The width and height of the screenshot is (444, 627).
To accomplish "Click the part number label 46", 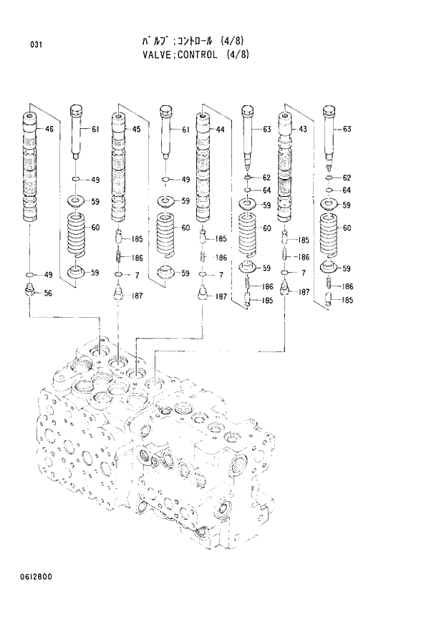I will (x=49, y=130).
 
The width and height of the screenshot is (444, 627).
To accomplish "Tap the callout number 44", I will (x=220, y=130).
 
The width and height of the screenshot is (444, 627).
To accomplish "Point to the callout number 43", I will (x=303, y=130).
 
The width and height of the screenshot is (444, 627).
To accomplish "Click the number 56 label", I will (x=49, y=293).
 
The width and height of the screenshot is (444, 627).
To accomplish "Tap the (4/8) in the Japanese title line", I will (x=236, y=42).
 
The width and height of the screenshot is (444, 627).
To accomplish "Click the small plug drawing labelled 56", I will (x=29, y=291).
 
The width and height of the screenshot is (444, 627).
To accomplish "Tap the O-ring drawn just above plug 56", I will (x=29, y=275).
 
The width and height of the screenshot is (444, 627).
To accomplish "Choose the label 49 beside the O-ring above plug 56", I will (x=49, y=275).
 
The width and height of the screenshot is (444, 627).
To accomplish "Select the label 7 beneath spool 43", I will (x=303, y=273).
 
